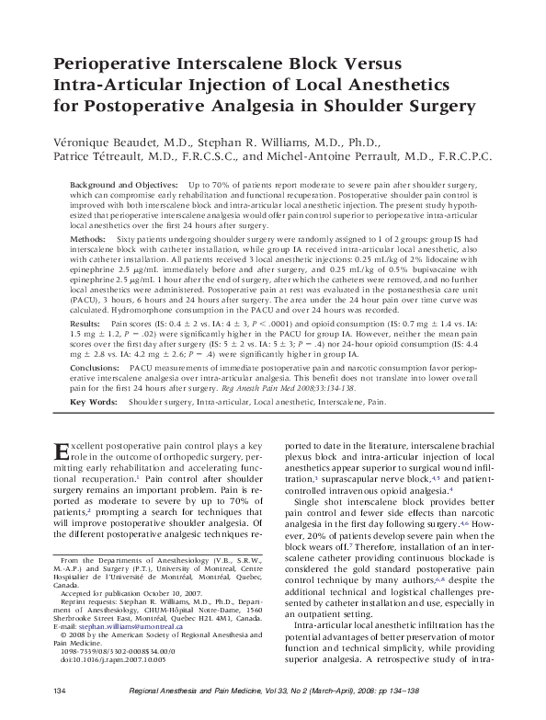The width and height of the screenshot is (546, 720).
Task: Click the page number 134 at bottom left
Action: tap(59, 690)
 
